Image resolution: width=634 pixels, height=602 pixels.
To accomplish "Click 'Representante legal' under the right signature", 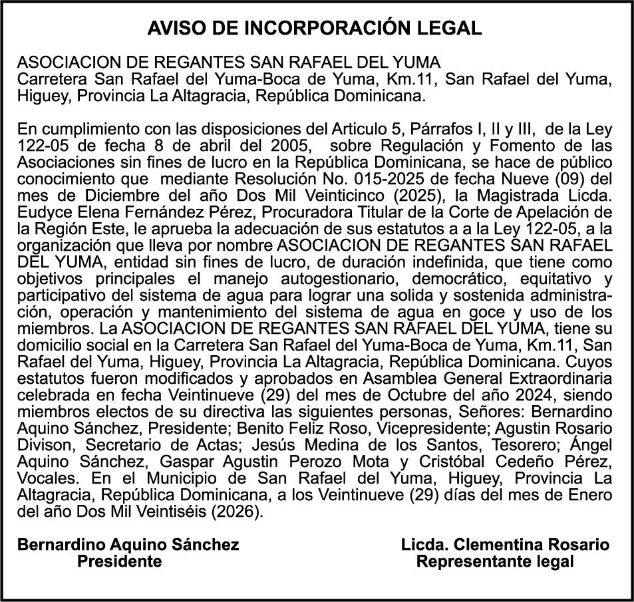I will coord(494,561).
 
